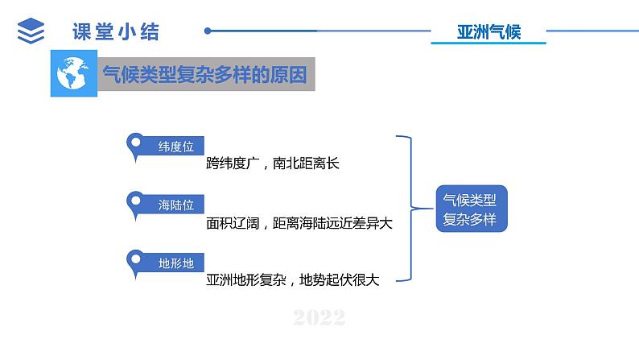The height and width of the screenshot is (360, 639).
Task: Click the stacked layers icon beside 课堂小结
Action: tap(31, 31)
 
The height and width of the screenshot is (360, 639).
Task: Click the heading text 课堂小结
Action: tap(116, 31)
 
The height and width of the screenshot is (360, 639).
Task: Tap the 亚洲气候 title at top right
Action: tap(489, 32)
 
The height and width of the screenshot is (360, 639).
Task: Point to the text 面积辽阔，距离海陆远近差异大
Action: tap(299, 223)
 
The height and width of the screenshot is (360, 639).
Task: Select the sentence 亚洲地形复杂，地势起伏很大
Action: tap(292, 280)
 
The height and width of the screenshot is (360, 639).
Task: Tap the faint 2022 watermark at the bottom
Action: tap(319, 318)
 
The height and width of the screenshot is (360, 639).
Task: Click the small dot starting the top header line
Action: tap(208, 31)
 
